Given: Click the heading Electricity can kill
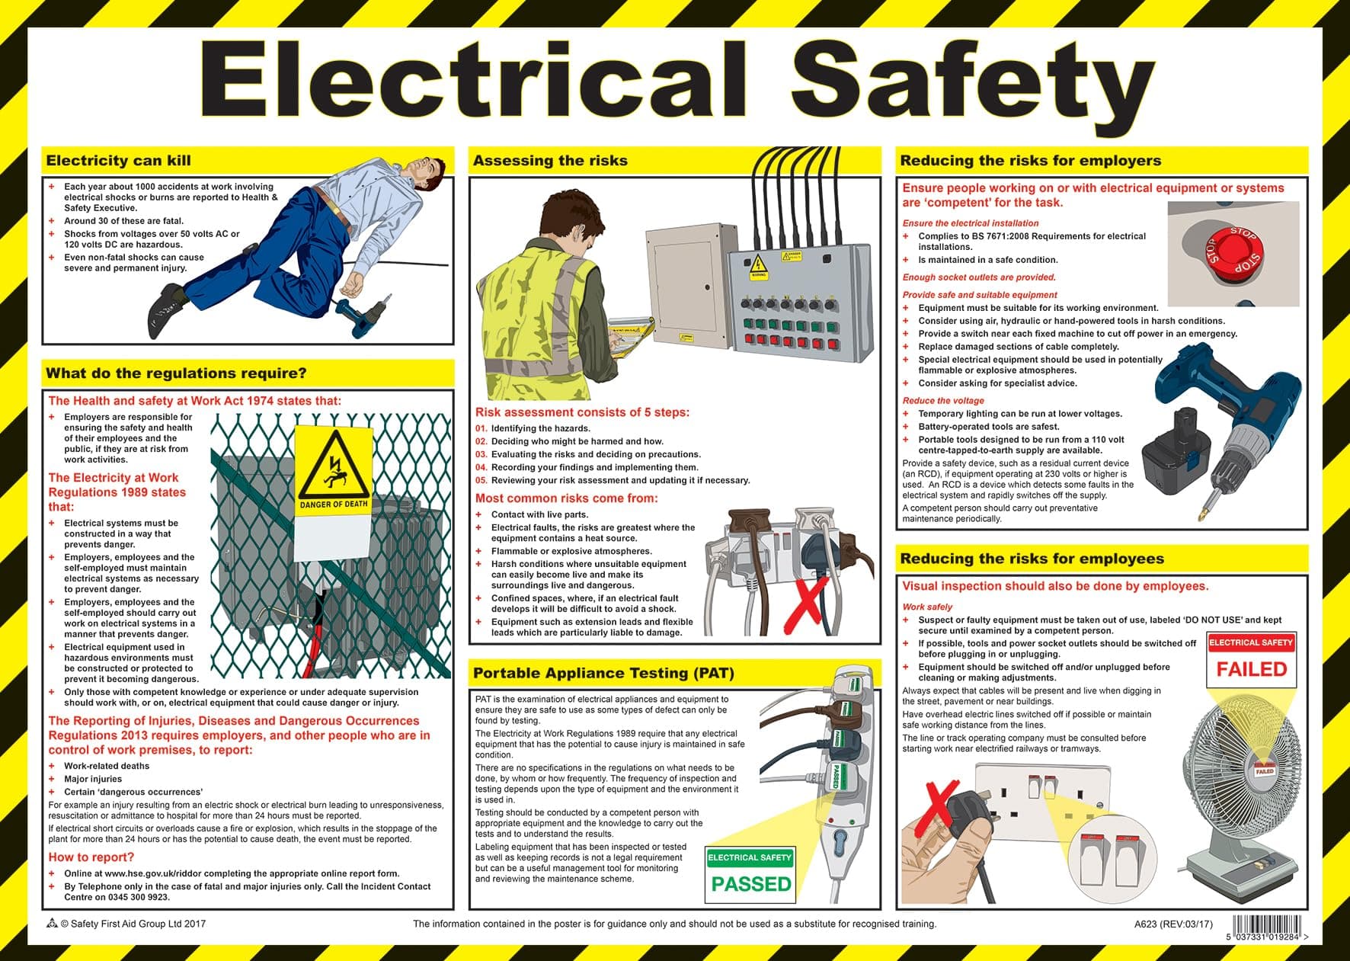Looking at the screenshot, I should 118,161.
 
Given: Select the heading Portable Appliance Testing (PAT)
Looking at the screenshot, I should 603,673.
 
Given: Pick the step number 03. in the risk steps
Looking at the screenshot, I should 481,454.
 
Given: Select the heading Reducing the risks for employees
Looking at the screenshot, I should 1032,559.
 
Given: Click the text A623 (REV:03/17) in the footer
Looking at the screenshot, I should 1172,924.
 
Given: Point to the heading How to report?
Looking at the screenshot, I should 91,857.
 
